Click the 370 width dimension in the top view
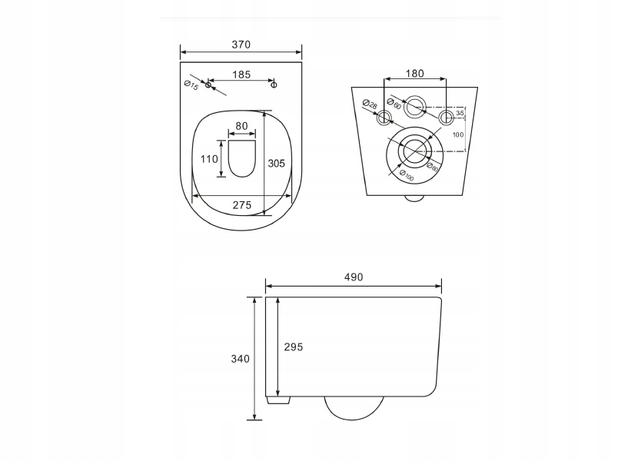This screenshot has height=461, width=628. tap(241, 45)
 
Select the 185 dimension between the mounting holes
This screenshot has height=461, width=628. tap(241, 75)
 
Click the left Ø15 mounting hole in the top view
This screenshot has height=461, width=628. tap(208, 85)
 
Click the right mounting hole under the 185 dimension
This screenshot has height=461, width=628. tap(274, 85)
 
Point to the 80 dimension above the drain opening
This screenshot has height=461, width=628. tap(241, 125)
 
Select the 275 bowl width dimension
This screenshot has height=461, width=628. tap(242, 204)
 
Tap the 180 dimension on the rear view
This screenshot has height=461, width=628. tap(414, 74)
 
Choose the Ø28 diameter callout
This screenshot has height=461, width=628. tap(370, 106)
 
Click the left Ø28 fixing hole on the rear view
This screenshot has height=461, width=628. tap(384, 118)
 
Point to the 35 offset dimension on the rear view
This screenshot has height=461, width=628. tap(460, 113)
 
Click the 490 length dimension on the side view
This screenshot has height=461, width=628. tap(353, 277)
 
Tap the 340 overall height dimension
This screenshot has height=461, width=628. tap(240, 359)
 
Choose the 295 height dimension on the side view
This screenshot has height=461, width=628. tap(293, 347)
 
